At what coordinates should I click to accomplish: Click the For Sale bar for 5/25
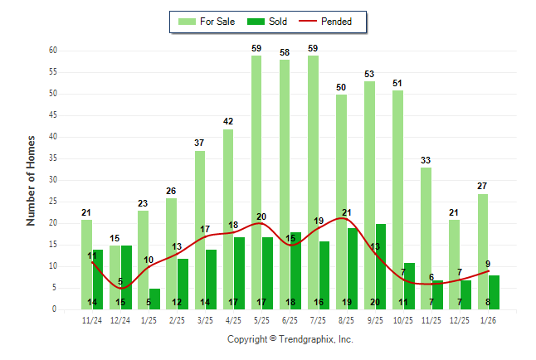click(x=256, y=182)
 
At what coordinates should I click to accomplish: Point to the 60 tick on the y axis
click(x=52, y=51)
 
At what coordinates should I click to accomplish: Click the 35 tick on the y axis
click(x=52, y=158)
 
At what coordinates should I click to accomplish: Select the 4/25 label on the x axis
click(x=233, y=319)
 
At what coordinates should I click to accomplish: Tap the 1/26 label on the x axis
click(x=488, y=319)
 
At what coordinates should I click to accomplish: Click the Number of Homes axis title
click(x=32, y=180)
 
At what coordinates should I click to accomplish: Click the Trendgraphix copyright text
click(x=290, y=339)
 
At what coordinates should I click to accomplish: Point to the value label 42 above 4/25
click(x=228, y=122)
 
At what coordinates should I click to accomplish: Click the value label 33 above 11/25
click(x=426, y=161)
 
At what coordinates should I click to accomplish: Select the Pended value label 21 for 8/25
click(x=347, y=212)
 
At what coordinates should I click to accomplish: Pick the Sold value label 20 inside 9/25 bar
click(x=375, y=302)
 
